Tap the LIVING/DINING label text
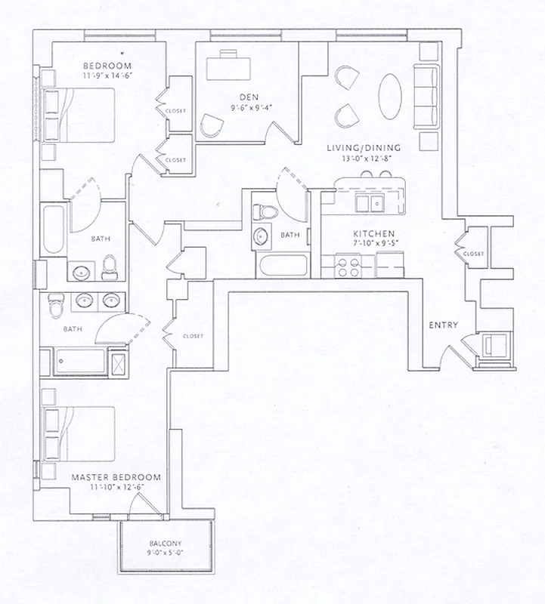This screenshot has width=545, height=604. coord(364,148)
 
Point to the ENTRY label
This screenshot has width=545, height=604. coord(444,325)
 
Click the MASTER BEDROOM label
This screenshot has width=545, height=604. coord(116,478)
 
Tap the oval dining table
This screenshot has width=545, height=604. coord(391,96)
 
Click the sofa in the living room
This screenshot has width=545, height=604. coord(427,96)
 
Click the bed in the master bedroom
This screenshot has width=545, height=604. coord(79,434)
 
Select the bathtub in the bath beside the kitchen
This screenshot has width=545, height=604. coord(282,266)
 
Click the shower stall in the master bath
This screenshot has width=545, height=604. coord(119,362)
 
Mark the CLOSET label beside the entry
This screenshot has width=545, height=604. coord(473,254)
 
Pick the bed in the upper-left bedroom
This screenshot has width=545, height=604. coord(79,115)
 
